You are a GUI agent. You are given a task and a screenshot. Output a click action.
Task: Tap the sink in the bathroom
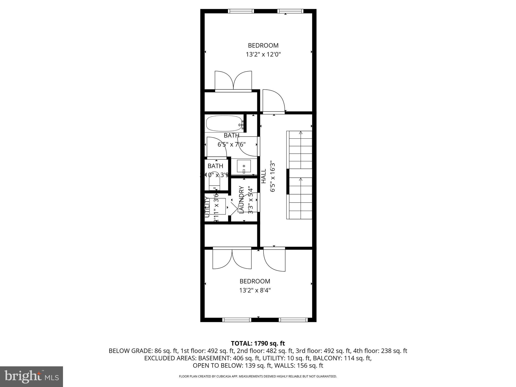(x=244, y=166)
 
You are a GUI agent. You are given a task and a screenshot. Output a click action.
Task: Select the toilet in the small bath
(x=215, y=184)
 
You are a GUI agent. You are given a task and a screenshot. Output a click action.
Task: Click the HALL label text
(x=264, y=176)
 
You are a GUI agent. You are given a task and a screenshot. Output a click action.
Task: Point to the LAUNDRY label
(x=241, y=200)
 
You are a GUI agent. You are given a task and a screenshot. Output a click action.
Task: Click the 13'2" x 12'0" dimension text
(x=263, y=54)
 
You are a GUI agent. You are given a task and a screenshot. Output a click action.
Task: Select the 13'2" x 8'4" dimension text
(x=255, y=290)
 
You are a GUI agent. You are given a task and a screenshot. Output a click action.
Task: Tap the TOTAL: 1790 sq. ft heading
(x=258, y=343)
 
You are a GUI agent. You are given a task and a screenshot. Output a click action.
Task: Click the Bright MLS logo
(x=31, y=376)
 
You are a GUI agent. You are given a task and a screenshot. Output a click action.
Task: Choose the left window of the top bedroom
(x=241, y=11)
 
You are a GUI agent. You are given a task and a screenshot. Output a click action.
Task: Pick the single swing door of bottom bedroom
(x=274, y=260)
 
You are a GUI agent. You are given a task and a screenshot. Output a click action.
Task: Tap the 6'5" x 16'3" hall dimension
(x=272, y=176)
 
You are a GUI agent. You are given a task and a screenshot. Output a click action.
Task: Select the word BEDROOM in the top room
(x=263, y=45)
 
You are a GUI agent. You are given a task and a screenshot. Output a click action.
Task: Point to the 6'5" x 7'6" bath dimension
(x=232, y=144)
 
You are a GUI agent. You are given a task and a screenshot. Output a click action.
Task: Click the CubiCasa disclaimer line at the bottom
(x=258, y=376)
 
